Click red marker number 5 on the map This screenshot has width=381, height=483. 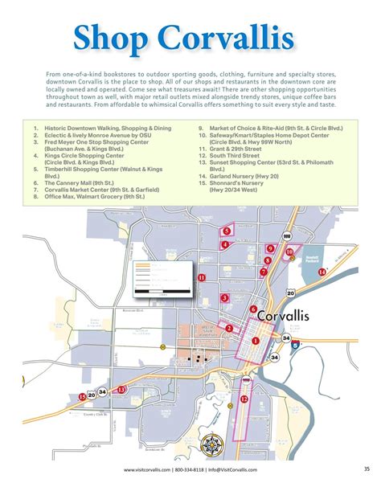227,231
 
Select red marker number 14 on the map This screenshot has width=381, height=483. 322,272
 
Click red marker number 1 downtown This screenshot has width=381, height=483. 256,341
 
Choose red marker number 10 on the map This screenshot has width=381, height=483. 289,252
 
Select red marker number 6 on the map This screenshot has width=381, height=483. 253,309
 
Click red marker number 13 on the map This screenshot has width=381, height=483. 121,390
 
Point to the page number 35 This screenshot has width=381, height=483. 367,469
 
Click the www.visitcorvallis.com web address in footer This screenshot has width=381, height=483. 146,469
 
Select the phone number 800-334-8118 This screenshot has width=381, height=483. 190,469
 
